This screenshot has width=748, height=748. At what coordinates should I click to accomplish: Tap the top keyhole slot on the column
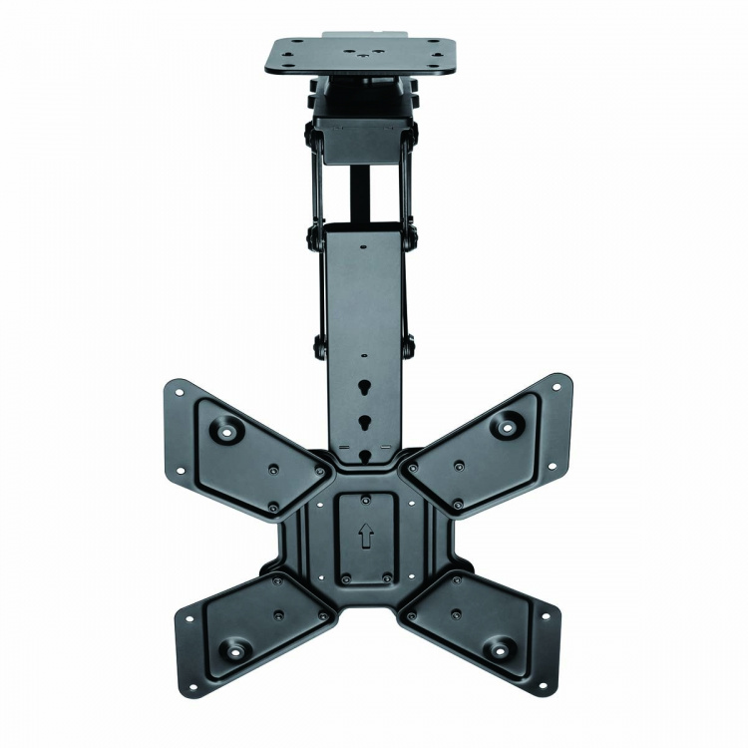[365, 380]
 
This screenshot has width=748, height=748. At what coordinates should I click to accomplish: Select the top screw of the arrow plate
[365, 499]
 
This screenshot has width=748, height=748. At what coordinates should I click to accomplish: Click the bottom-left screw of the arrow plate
[345, 578]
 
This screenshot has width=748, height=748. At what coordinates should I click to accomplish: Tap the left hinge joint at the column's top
[315, 239]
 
